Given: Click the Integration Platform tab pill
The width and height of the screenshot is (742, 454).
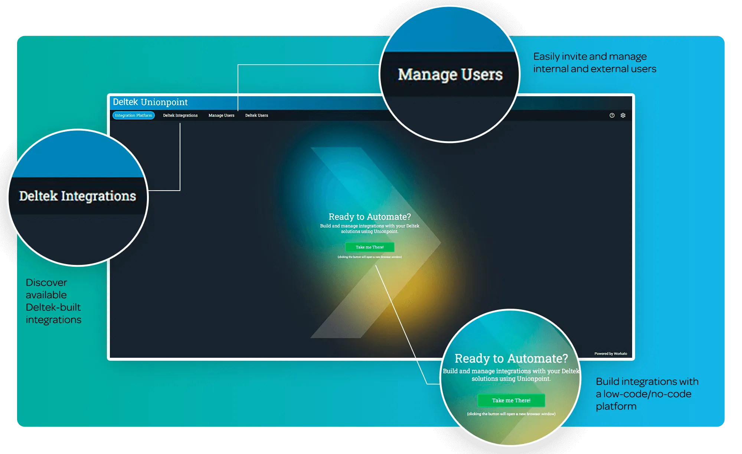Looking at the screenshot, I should [x=134, y=116].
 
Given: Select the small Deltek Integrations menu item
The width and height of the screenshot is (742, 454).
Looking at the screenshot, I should [x=180, y=116].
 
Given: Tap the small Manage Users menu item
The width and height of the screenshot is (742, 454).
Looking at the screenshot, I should [x=221, y=116].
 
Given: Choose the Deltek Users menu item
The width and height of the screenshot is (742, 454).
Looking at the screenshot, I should [x=256, y=116].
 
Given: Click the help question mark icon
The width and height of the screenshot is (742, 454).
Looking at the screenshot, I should [x=612, y=116].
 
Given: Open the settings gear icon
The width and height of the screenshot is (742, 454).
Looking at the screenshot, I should [x=623, y=116].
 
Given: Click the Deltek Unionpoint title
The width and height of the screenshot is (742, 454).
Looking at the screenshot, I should [x=150, y=102].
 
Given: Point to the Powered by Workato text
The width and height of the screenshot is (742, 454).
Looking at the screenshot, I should [x=611, y=354].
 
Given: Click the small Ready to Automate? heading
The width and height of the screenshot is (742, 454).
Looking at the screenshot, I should [x=370, y=217].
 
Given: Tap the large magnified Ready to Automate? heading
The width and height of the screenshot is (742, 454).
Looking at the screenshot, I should [x=511, y=359].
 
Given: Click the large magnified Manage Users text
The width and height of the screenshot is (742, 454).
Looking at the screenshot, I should [x=450, y=75].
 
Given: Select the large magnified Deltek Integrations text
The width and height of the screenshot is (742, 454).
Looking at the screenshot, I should [x=78, y=196].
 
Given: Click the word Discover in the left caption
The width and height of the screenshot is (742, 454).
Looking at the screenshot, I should [x=46, y=283].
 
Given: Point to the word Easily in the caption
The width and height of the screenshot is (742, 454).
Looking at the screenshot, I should [x=546, y=56].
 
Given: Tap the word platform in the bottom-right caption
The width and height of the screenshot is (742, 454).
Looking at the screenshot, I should [x=616, y=406].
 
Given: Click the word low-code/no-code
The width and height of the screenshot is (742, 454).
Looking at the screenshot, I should [x=647, y=394].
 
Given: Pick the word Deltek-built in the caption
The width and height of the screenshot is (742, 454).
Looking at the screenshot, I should [x=53, y=308].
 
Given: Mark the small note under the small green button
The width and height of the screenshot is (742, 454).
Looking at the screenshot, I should [x=370, y=257].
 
